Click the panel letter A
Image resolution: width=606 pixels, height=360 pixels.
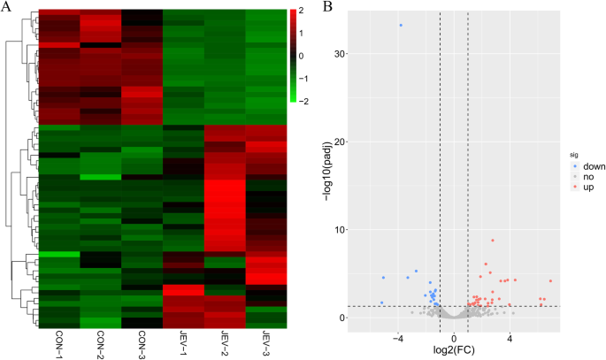(7, 7)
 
